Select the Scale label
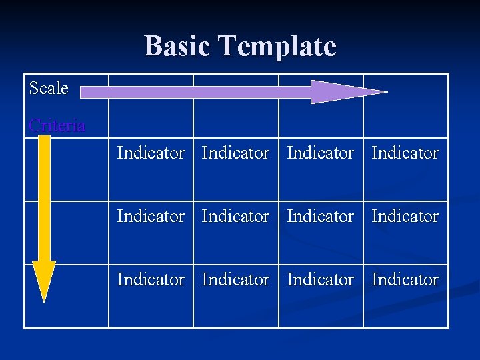coord(49,88)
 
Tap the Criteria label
coord(57,125)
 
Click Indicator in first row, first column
coord(151,153)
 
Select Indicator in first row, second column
coord(235,153)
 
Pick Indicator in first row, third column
coord(321,153)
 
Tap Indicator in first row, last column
coord(405,153)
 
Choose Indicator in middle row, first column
coord(151,216)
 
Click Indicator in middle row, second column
coord(235,216)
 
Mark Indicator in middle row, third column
coord(321,216)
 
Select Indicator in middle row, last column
coord(405,216)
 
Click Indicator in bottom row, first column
coord(151,279)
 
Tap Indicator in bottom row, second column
coord(235,279)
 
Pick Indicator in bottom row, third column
coord(321,279)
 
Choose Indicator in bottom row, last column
coord(405,279)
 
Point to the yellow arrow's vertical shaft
coord(44,200)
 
